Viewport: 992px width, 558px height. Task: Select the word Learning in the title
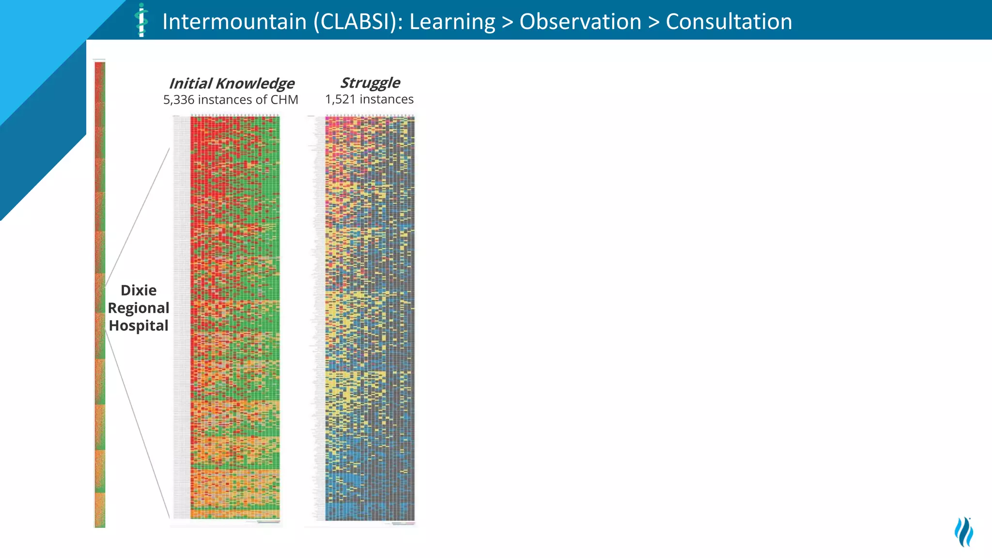pos(452,22)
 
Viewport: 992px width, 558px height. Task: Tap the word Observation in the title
pos(580,22)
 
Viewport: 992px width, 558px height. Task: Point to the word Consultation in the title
pos(728,22)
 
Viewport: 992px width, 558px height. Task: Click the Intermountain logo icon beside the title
pos(141,20)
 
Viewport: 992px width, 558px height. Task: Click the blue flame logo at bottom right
pos(964,532)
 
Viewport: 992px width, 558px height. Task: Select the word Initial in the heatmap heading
pos(190,83)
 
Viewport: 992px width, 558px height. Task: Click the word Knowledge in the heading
pos(255,83)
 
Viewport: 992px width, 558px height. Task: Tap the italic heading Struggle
pos(370,83)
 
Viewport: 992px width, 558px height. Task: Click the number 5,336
pos(178,100)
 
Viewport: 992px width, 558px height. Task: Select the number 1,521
pos(340,99)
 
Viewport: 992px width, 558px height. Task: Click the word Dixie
pos(139,290)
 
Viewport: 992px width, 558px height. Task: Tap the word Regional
pos(139,308)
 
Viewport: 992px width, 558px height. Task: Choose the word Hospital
pos(139,325)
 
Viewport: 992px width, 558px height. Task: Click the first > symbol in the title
pos(507,22)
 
